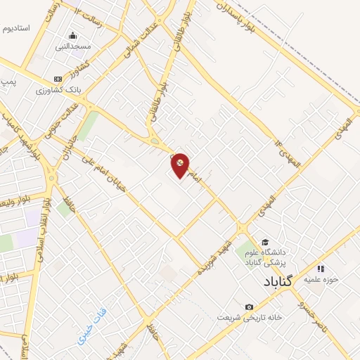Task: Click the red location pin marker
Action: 181,165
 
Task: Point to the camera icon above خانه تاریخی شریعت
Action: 249,307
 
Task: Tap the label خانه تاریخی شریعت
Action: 250,318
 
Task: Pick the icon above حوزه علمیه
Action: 321,268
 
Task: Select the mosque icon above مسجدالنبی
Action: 72,36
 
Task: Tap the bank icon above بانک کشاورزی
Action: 58,79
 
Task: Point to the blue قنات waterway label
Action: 91,317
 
